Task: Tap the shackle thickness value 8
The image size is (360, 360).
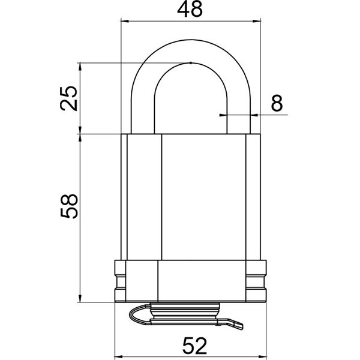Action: click(x=277, y=103)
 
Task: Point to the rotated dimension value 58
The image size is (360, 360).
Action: click(x=70, y=206)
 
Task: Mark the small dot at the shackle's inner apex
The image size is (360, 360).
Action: click(x=190, y=62)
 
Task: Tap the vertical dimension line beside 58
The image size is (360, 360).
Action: click(x=81, y=216)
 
